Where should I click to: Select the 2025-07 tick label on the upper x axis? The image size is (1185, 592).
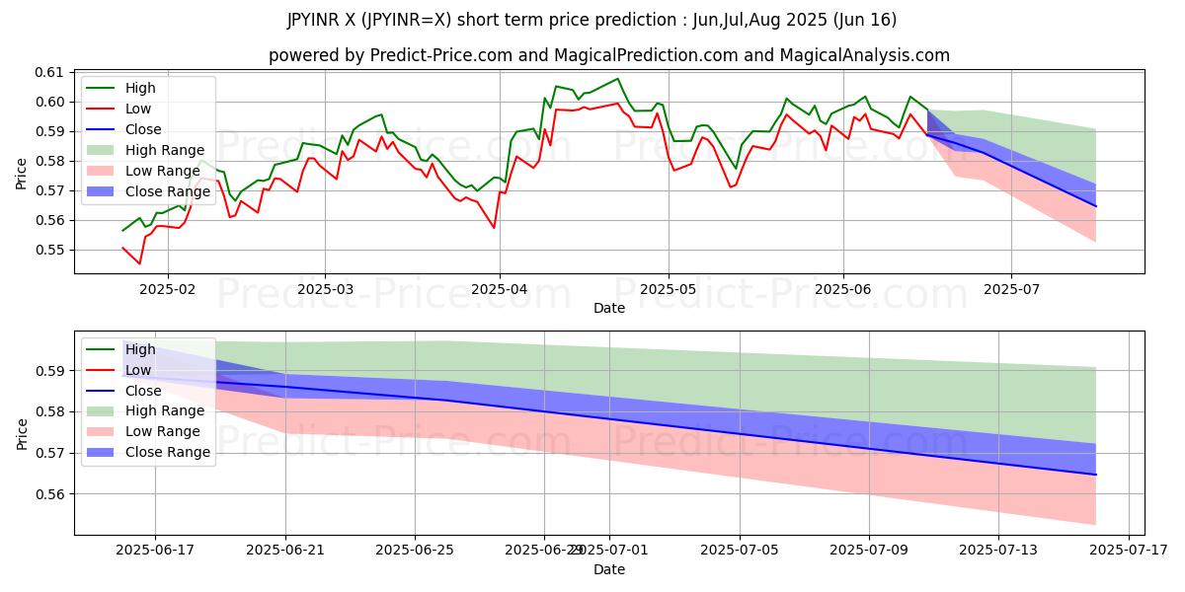1010,290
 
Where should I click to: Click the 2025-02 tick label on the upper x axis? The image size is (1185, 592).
167,290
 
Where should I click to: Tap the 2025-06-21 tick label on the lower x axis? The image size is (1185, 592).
285,551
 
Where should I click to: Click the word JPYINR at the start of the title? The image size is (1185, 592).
314,20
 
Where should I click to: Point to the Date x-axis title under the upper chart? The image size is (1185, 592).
608,308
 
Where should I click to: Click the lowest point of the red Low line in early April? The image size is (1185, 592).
494,228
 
